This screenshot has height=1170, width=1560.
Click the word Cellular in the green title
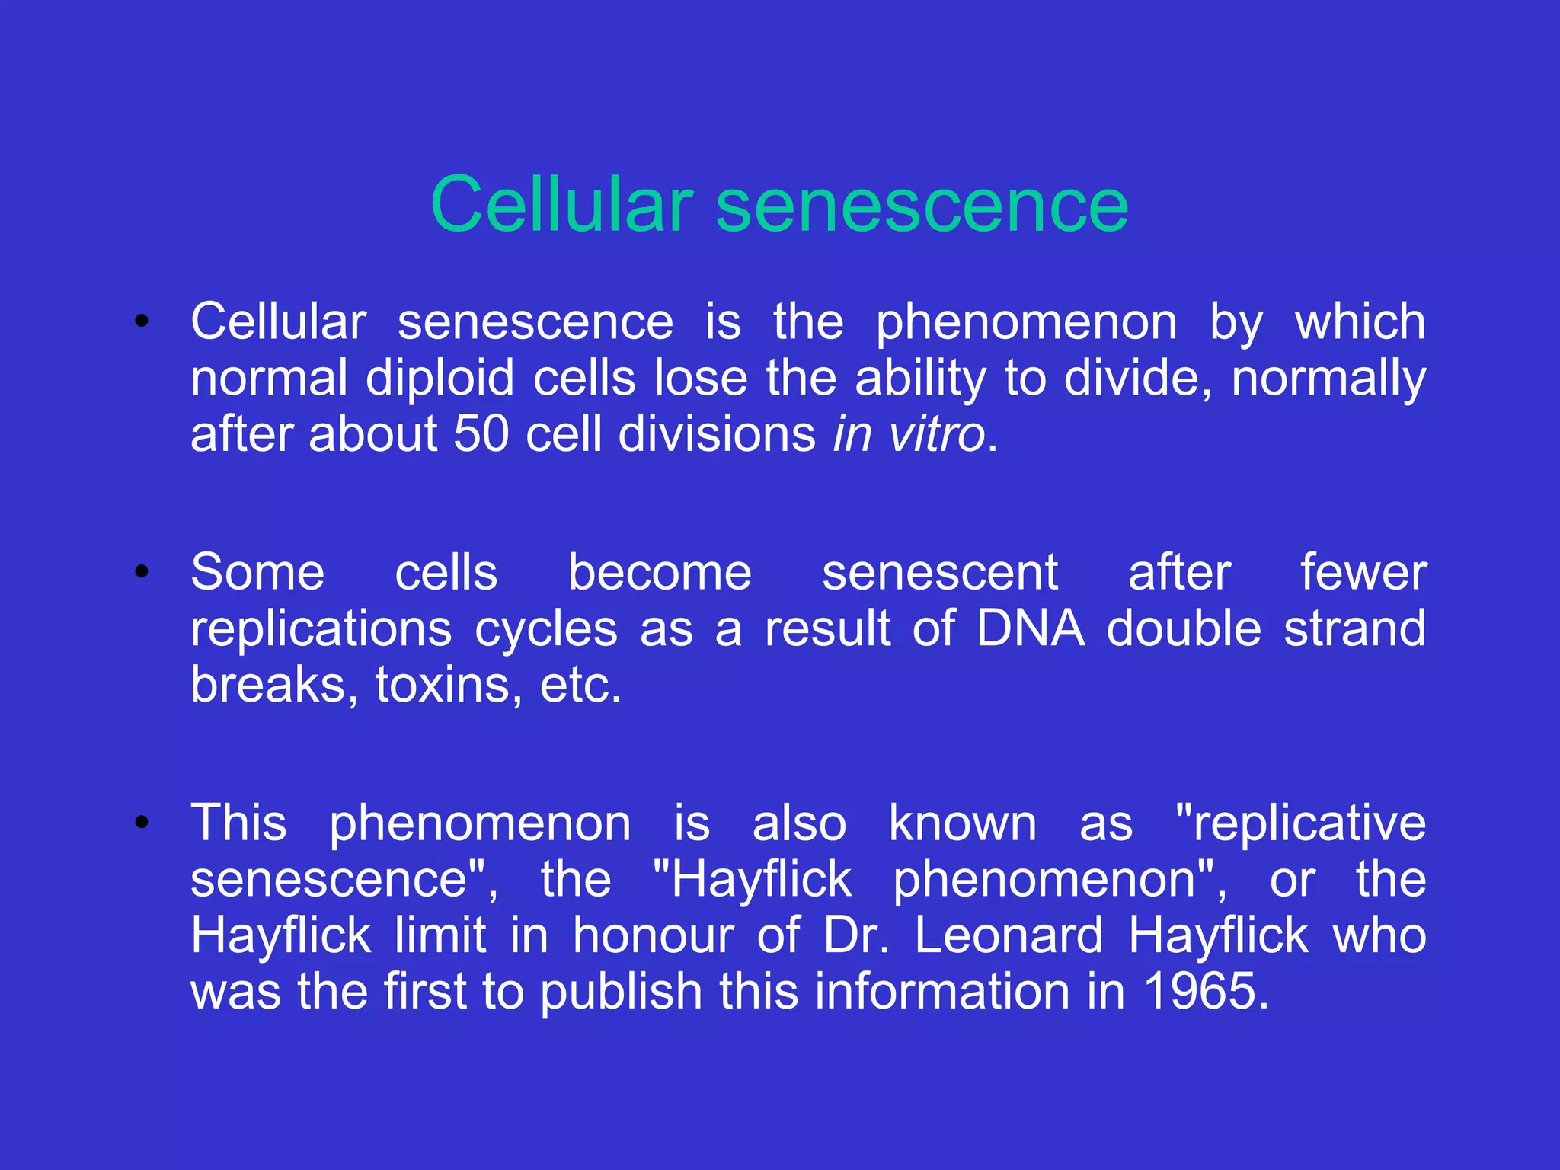[561, 204]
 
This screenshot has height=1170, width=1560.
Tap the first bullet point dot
[141, 321]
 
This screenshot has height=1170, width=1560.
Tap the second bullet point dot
[141, 571]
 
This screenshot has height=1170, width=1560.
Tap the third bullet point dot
[141, 822]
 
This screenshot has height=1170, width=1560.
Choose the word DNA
[1030, 628]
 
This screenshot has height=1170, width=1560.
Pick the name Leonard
[1008, 935]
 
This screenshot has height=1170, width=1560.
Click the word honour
[653, 935]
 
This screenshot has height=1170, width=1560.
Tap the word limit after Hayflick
[440, 935]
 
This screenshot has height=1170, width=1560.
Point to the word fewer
[1363, 572]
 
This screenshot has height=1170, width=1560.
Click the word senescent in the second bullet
[939, 572]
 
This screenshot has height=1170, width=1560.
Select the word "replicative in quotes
[1299, 823]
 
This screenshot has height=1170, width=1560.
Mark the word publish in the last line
[621, 992]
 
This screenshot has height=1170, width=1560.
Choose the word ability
[920, 378]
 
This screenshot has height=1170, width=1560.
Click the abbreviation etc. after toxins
[580, 685]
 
